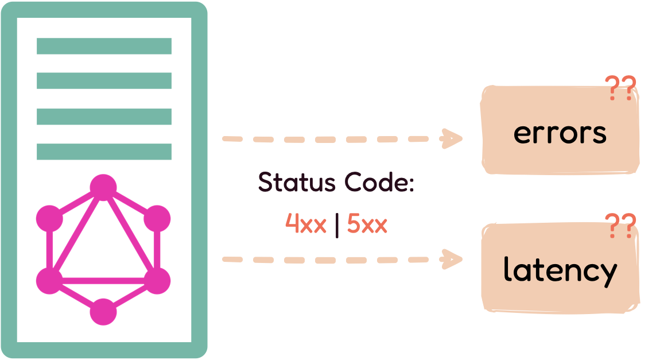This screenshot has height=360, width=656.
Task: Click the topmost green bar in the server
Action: pos(104,46)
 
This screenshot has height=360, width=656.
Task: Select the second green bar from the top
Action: pos(104,80)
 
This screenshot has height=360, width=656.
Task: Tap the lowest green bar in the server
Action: pos(104,152)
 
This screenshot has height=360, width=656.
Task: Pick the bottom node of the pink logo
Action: pos(103,312)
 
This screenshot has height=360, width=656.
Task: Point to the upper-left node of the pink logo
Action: pos(49,219)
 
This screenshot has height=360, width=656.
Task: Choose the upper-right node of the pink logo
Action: pos(157,219)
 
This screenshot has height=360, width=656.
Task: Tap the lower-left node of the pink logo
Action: pos(49,281)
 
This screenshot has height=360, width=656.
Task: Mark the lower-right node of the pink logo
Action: pos(157,281)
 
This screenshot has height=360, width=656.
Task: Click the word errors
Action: pos(560,133)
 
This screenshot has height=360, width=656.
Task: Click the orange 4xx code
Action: pos(306,224)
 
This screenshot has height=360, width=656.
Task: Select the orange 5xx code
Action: pos(367,224)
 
